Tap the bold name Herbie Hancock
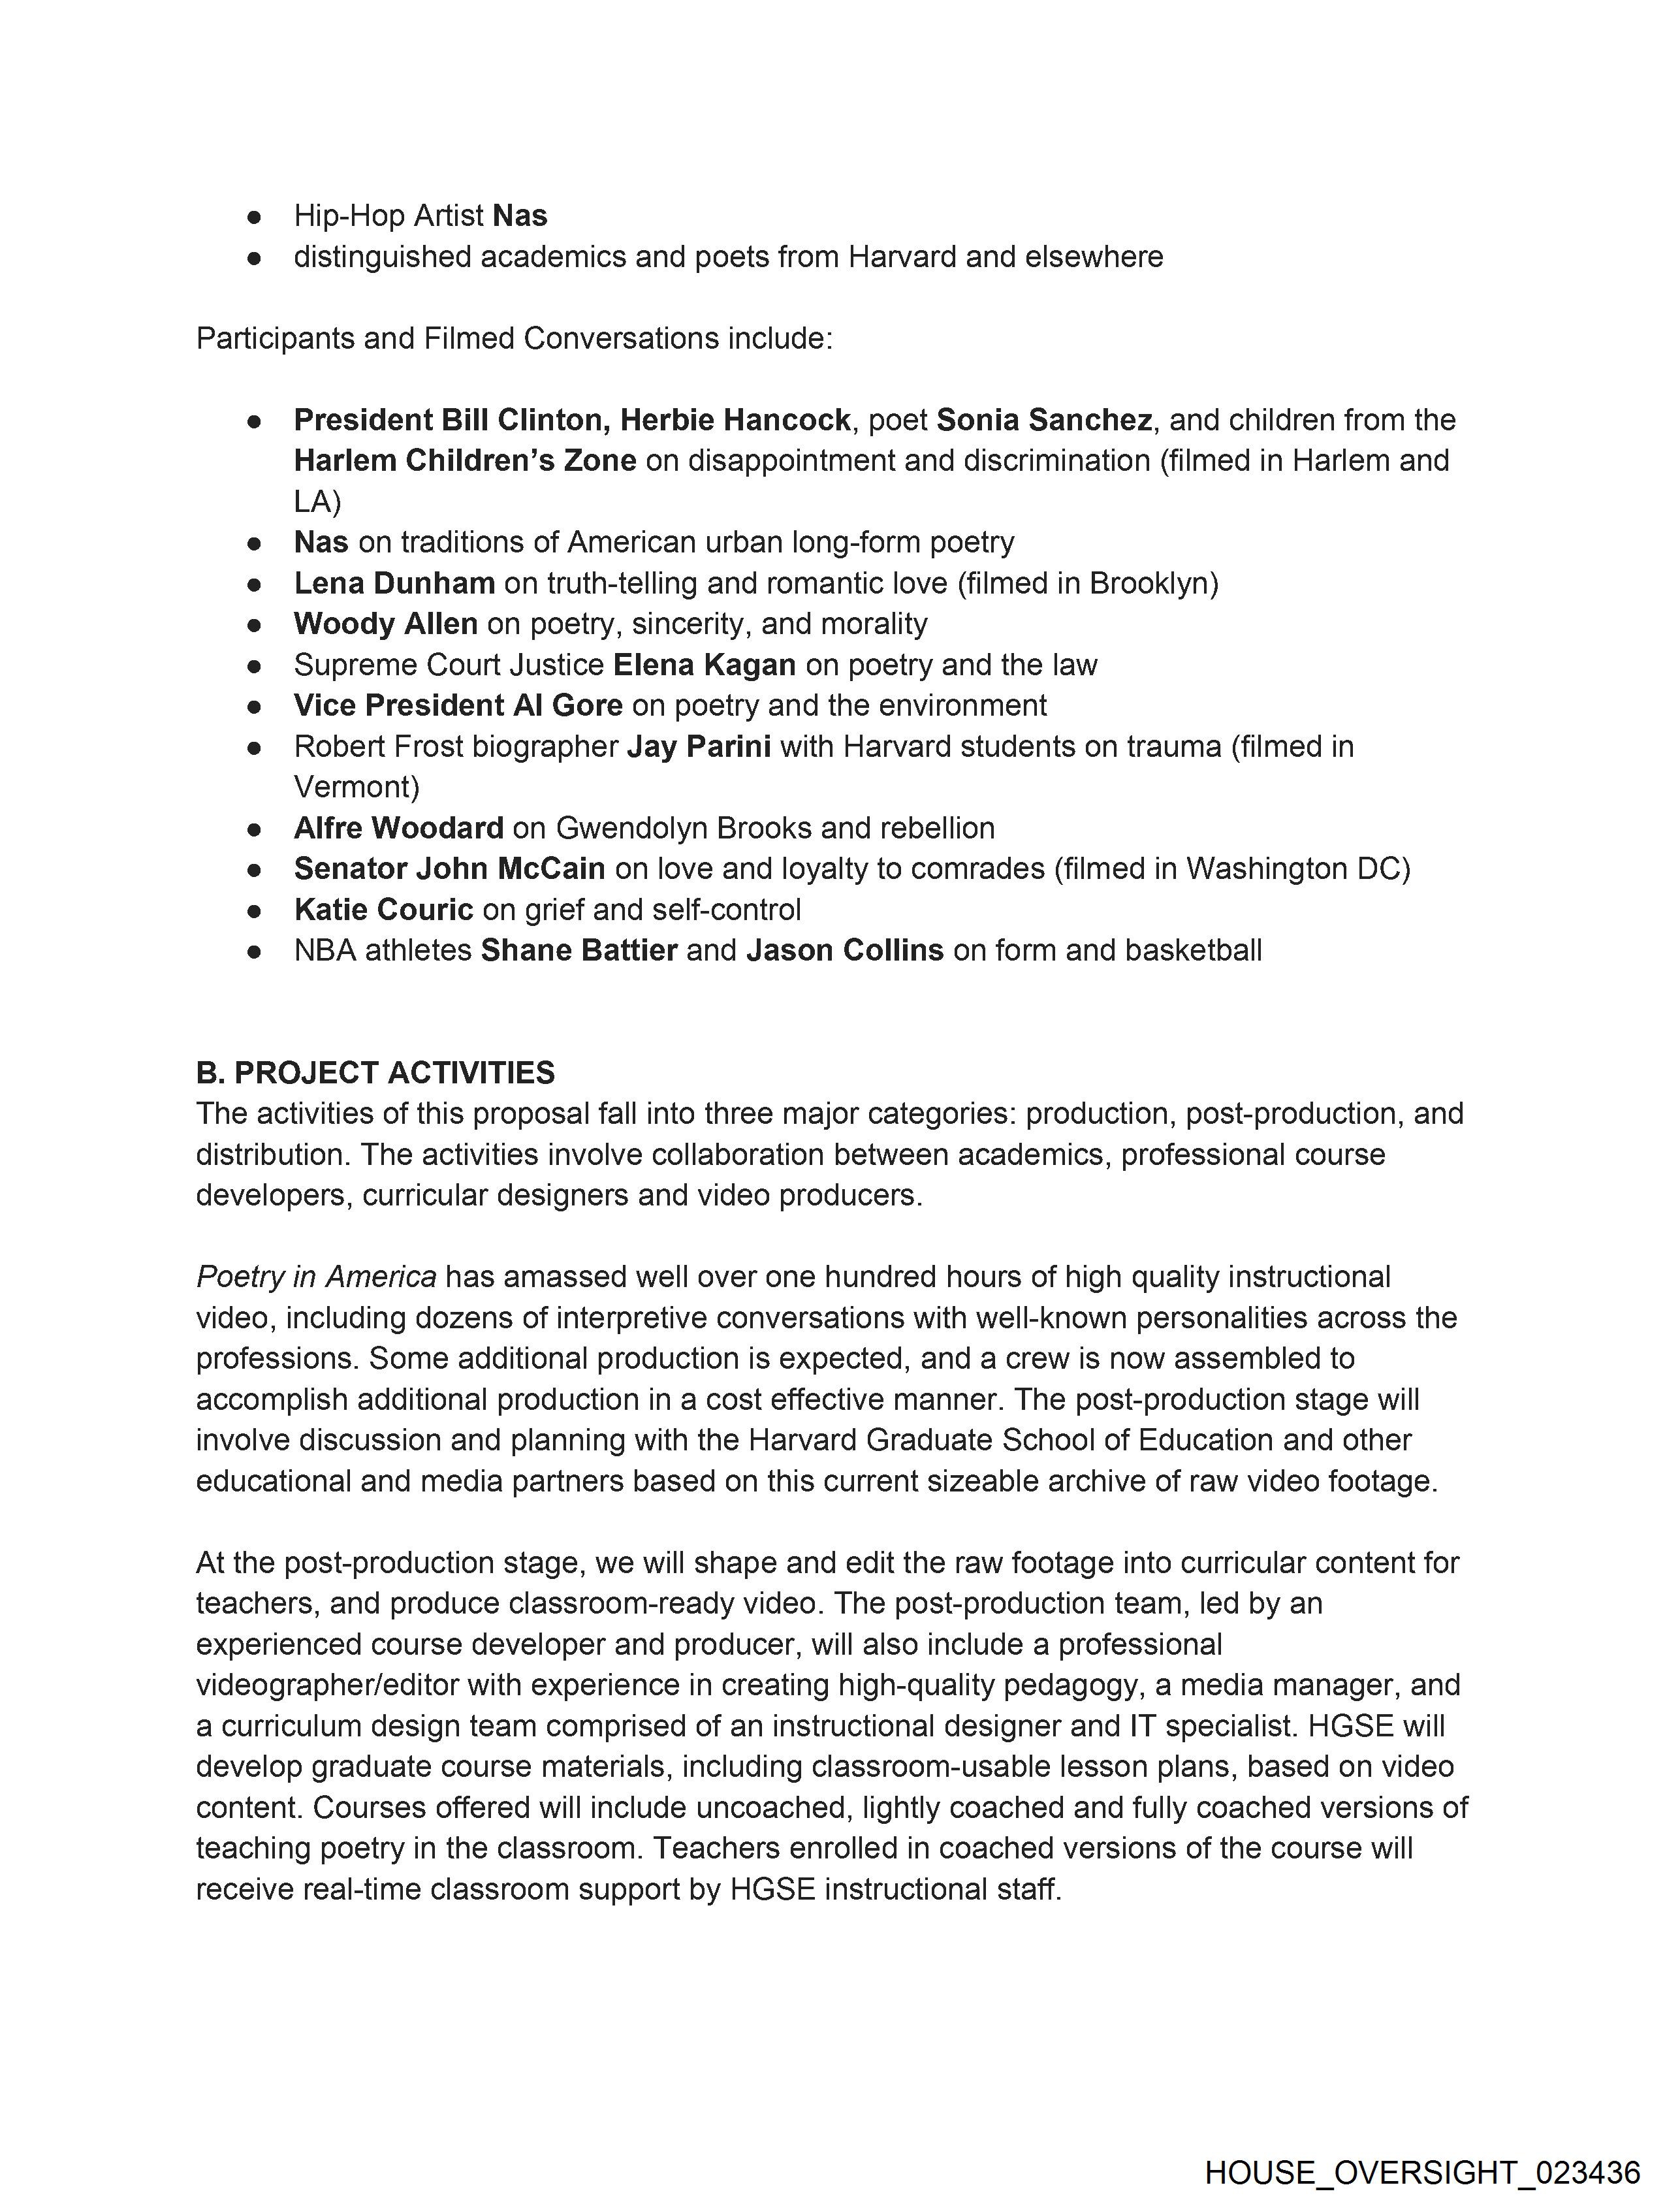coord(735,420)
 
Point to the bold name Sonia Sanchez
coord(1043,420)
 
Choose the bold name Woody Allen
coord(386,624)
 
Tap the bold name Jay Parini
coord(698,746)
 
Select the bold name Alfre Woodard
coord(399,827)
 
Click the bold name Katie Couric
coord(383,909)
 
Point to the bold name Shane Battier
coord(579,950)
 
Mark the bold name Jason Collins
coord(844,950)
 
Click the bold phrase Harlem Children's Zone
coord(464,460)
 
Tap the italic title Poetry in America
coord(316,1276)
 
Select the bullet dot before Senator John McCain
coord(255,869)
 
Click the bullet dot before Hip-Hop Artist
coord(255,216)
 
